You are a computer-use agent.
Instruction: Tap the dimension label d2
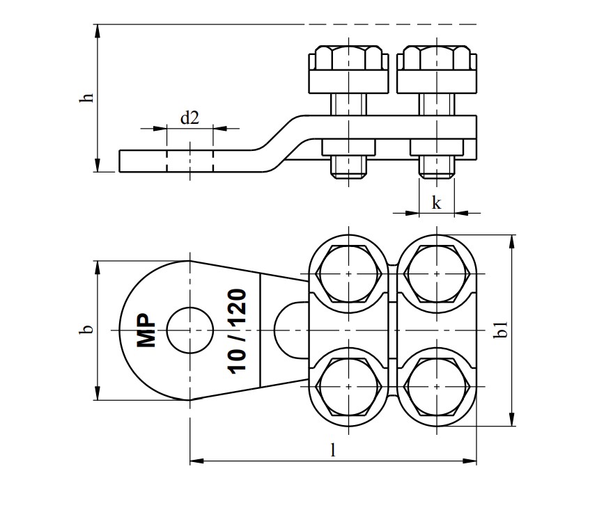click(x=189, y=118)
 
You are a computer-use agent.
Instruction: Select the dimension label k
click(x=436, y=203)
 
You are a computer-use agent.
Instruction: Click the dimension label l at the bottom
click(x=333, y=450)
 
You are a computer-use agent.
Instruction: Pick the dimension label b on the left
click(x=86, y=330)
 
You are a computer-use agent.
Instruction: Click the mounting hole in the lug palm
click(x=189, y=330)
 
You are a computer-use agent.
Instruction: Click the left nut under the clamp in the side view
click(x=348, y=148)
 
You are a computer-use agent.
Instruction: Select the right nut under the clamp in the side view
click(x=437, y=148)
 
